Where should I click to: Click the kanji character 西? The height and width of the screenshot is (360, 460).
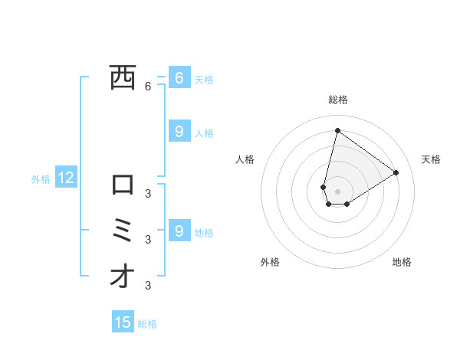(123, 77)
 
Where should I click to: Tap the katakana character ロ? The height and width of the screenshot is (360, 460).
(123, 185)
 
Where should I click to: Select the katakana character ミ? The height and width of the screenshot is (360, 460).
(123, 230)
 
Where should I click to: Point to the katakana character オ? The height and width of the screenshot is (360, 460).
(123, 276)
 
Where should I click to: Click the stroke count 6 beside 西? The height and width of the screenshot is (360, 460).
(148, 87)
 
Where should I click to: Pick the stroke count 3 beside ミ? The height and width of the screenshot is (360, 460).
(148, 239)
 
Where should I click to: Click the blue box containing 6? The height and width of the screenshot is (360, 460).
(179, 77)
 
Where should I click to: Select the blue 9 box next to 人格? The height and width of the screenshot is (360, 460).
(179, 132)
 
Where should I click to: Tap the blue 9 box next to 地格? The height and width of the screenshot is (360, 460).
(179, 230)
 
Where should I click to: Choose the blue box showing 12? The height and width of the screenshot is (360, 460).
(66, 178)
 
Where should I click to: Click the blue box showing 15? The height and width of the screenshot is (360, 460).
(123, 322)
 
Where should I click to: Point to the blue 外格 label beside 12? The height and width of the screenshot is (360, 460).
(41, 179)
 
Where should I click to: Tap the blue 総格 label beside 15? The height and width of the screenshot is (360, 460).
(147, 324)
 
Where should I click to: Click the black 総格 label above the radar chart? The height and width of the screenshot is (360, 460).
(337, 100)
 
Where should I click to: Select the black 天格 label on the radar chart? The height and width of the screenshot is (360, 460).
(432, 159)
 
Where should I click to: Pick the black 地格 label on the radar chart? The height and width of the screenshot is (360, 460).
(402, 262)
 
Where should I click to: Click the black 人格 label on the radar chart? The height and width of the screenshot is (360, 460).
(245, 159)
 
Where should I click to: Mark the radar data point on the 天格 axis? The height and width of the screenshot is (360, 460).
(396, 172)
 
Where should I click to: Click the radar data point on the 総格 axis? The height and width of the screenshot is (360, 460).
(337, 130)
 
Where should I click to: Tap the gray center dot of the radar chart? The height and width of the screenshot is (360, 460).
(337, 191)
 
